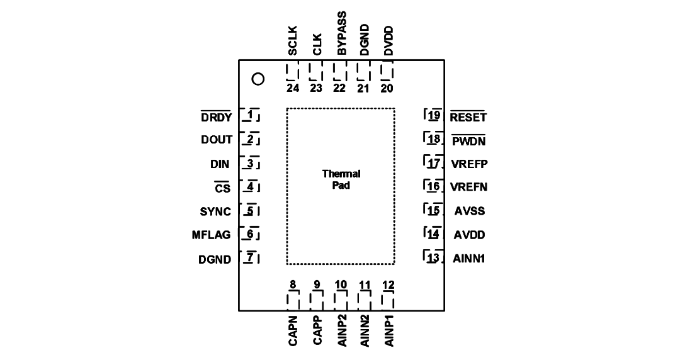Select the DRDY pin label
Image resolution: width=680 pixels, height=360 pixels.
pos(217,117)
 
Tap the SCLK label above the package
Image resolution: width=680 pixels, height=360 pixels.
pos(293,41)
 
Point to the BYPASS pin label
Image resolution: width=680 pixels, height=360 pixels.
pos(342,33)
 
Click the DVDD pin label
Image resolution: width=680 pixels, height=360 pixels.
pos(388,41)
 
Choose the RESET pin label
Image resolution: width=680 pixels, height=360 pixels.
pos(468,117)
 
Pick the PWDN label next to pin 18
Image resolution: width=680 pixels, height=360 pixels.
pos(469,141)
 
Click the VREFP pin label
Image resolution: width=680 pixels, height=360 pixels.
pos(469,164)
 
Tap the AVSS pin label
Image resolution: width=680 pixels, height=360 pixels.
pos(470,211)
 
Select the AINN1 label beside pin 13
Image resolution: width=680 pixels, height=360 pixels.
pos(469,259)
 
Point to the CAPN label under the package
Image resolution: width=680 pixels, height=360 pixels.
pos(293,331)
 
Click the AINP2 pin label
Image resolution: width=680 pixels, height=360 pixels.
pos(342,331)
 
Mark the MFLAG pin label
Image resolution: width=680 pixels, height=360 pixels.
pos(211,235)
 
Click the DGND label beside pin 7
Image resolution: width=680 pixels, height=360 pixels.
pos(215,259)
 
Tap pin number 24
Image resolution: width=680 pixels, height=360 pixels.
pos(293,88)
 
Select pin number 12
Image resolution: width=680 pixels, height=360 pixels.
pos(388,285)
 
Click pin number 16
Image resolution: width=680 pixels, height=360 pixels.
pos(434,186)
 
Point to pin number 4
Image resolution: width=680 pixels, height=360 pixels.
pos(250,187)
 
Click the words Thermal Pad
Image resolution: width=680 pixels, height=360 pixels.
pos(341,179)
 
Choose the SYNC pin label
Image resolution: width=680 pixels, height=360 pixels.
pos(215,211)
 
